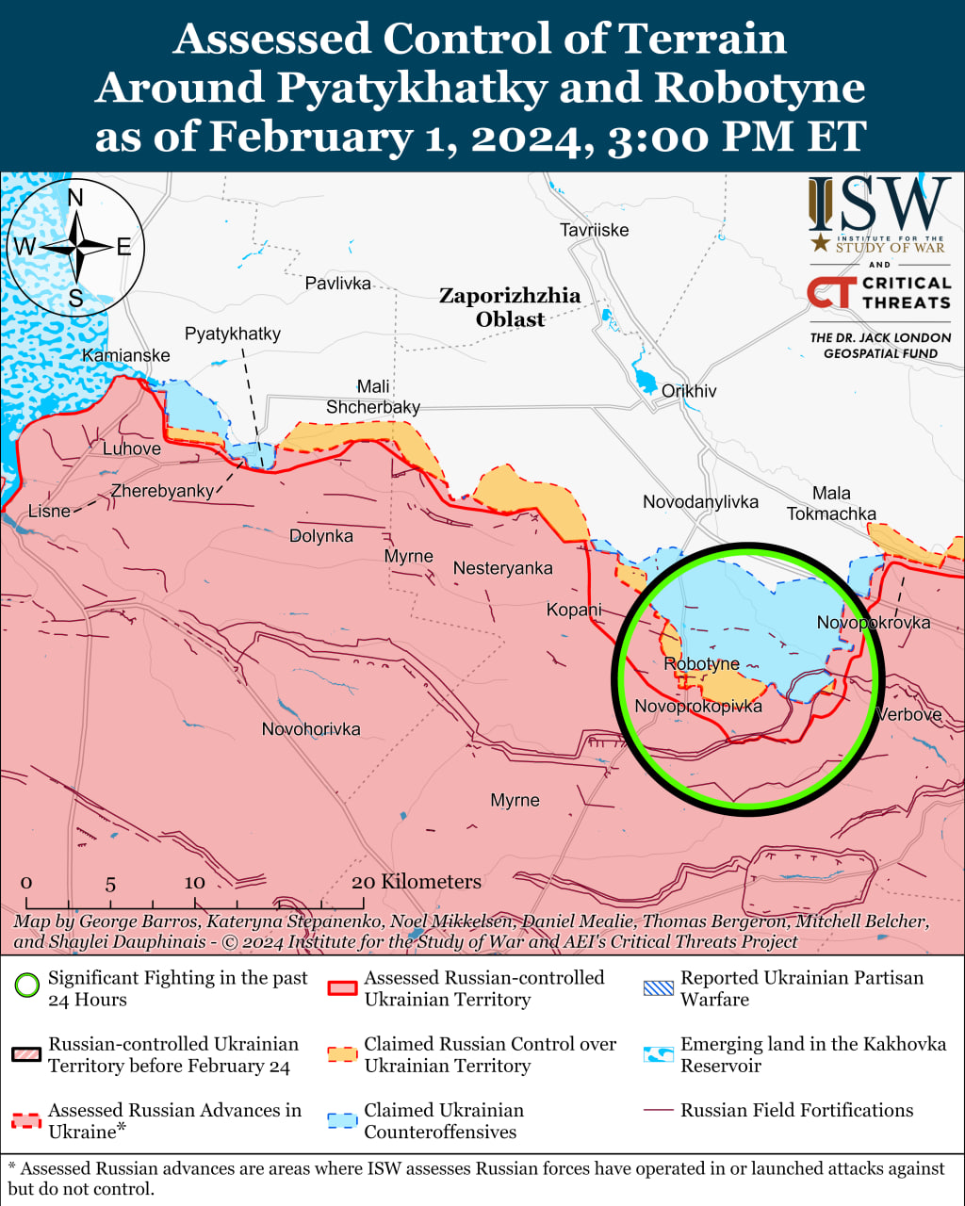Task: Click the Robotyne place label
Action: [x=701, y=664]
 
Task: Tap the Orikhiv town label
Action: [x=689, y=391]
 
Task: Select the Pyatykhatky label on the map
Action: [x=233, y=334]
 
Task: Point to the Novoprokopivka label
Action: [x=697, y=707]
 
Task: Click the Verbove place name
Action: [x=908, y=715]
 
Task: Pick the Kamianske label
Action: [x=126, y=356]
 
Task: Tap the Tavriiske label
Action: [x=594, y=231]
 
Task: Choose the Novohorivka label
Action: [x=311, y=729]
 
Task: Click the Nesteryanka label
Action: [x=502, y=569]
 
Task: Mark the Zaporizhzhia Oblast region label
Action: [x=510, y=308]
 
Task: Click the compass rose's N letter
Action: [x=76, y=198]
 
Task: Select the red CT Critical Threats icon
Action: [x=832, y=292]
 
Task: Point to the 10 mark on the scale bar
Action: [x=194, y=883]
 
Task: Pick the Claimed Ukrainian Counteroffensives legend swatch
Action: [x=342, y=1120]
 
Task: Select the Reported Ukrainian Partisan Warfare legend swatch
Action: [x=659, y=988]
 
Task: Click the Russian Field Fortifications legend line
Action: [x=659, y=1111]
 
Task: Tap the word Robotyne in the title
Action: [x=760, y=88]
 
